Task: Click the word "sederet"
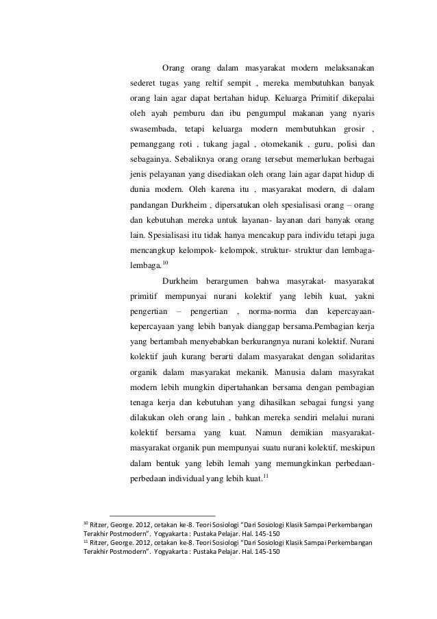pyautogui.click(x=145, y=83)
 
